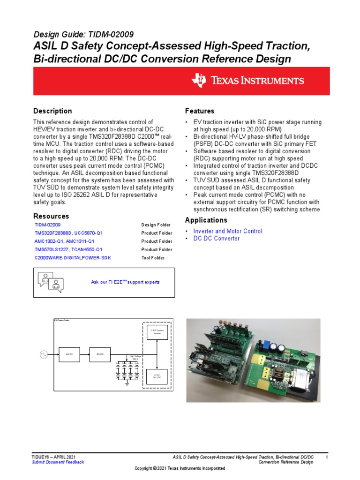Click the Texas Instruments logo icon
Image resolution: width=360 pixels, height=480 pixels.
[x=198, y=80]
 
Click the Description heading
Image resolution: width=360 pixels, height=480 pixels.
[x=52, y=111]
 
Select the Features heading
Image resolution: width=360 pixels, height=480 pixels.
[x=200, y=111]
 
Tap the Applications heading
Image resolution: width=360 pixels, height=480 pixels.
[x=206, y=220]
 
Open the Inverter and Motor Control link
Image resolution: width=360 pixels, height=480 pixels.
[x=228, y=231]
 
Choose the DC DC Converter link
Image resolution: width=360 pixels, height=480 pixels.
[x=217, y=239]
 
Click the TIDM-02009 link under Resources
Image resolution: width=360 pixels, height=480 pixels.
[x=48, y=225]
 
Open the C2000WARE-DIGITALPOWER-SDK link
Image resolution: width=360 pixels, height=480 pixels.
[x=73, y=258]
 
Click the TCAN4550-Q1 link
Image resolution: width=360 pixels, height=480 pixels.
[x=86, y=250]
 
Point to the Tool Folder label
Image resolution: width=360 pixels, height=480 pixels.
[x=153, y=258]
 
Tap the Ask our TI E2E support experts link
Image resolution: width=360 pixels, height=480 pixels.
[x=125, y=282]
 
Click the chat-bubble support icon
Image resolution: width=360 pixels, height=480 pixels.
[x=50, y=282]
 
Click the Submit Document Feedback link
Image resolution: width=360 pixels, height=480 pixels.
[x=58, y=462]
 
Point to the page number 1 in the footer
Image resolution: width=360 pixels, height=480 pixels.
[x=327, y=457]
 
